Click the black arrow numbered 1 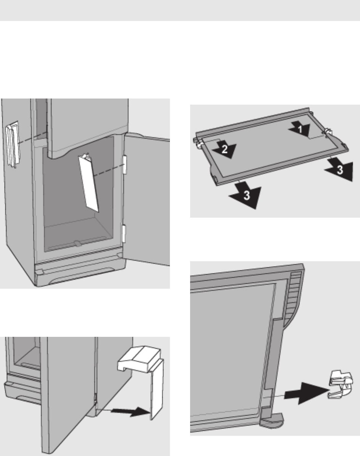pos(300,129)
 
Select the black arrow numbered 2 pos(224,149)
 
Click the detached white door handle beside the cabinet pos(13,144)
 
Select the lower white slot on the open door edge pos(124,233)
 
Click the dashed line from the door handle pos(32,137)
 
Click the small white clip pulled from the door pos(341,385)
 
